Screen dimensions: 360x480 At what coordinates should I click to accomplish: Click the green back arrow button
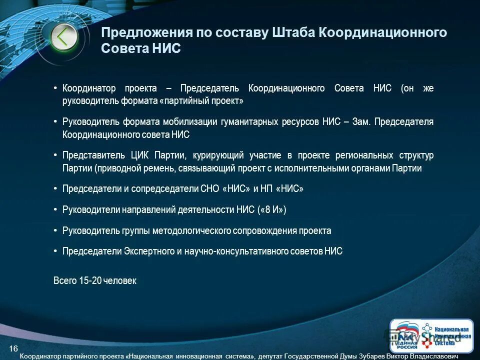(x=64, y=36)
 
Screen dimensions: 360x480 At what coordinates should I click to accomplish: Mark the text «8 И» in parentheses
(x=272, y=210)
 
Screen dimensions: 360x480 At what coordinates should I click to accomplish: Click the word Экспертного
(x=148, y=251)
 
